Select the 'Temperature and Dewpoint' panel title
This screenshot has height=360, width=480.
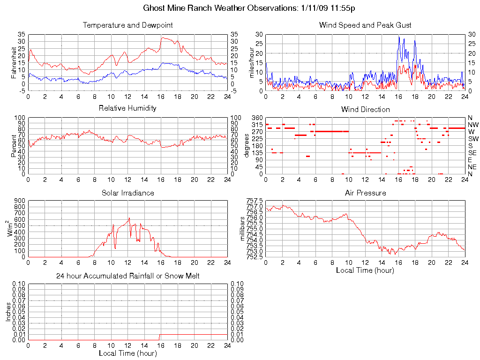point(127,25)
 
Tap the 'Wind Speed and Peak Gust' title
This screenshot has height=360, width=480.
point(365,25)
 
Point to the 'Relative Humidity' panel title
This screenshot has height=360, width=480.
point(127,108)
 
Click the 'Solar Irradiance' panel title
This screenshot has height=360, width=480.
point(127,193)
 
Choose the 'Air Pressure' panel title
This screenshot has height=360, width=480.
point(365,193)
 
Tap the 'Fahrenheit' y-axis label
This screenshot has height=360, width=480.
point(14,62)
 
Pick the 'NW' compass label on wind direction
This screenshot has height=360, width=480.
point(472,125)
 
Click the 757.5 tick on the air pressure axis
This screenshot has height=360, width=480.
point(254,200)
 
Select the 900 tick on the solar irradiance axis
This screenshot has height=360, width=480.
point(20,200)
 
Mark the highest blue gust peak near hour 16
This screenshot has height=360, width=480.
point(399,36)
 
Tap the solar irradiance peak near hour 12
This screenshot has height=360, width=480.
point(129,218)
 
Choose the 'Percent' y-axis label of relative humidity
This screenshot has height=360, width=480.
point(14,146)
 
